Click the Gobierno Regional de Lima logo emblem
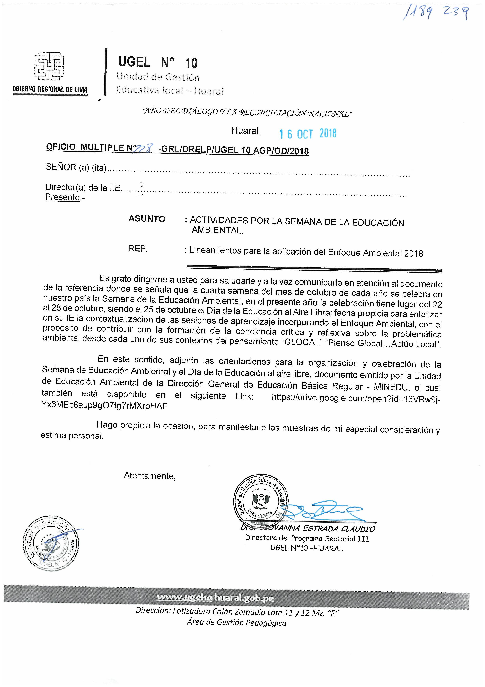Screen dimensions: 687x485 click(x=49, y=66)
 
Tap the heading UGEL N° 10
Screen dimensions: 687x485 click(x=158, y=62)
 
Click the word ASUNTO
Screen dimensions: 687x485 click(x=147, y=219)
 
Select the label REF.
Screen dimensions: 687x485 click(x=138, y=248)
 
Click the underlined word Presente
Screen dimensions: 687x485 click(x=62, y=197)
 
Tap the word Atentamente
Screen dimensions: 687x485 click(x=149, y=476)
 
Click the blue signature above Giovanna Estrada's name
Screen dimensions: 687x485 click(x=323, y=512)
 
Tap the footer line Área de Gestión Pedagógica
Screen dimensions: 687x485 click(x=237, y=623)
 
